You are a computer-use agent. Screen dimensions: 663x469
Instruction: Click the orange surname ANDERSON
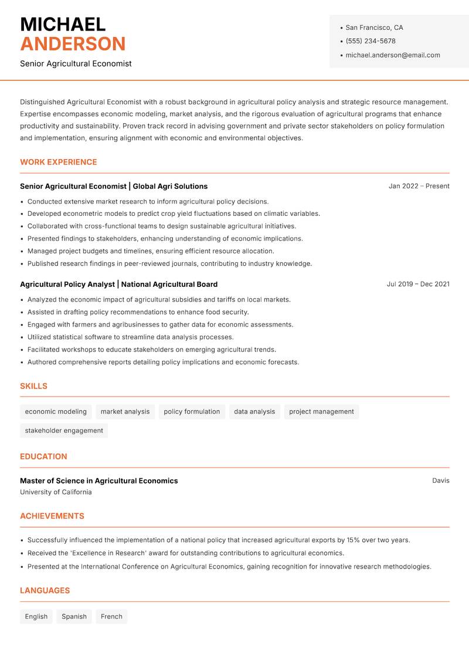coord(73,44)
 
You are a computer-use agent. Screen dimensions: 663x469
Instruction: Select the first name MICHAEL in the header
coord(63,24)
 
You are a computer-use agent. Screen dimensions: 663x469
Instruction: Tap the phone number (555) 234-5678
coord(370,41)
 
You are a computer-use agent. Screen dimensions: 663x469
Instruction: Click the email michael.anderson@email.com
coord(392,55)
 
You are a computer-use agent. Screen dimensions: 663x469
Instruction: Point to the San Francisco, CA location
coord(374,28)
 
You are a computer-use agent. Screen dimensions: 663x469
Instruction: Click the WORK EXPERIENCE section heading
coord(59,162)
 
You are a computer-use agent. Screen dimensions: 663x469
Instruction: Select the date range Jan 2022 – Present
coord(419,186)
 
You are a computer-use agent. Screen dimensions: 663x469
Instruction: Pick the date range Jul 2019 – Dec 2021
coord(418,284)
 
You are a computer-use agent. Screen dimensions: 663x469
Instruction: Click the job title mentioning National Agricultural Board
coord(118,285)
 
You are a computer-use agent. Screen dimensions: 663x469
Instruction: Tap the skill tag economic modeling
coord(56,412)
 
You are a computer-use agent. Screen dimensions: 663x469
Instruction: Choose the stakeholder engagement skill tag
coord(64,431)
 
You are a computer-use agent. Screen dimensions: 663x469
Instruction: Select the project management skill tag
coord(321,412)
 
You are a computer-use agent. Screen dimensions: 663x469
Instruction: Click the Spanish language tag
coord(74,617)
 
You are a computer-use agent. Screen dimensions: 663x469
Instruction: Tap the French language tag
coord(111,617)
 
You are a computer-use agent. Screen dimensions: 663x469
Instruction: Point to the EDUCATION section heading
coord(43,456)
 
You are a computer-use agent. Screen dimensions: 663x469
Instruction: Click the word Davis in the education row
coord(441,481)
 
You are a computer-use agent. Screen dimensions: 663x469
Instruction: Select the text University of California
coord(56,492)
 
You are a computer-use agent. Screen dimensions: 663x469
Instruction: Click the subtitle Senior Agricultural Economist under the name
coord(76,63)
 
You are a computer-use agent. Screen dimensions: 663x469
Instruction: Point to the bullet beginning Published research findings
coord(169,264)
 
